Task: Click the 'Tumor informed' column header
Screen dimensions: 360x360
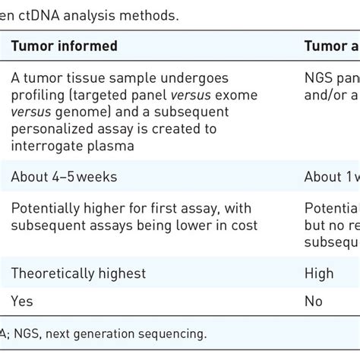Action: click(x=64, y=46)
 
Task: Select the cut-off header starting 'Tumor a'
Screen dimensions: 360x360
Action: click(x=331, y=46)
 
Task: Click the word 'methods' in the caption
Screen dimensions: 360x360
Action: click(x=154, y=14)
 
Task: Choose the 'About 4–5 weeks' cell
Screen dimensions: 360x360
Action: click(x=63, y=177)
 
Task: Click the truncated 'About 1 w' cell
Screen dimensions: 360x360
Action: click(x=331, y=177)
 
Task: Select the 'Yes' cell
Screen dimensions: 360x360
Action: click(x=22, y=301)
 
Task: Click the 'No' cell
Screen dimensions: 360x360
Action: click(x=314, y=301)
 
